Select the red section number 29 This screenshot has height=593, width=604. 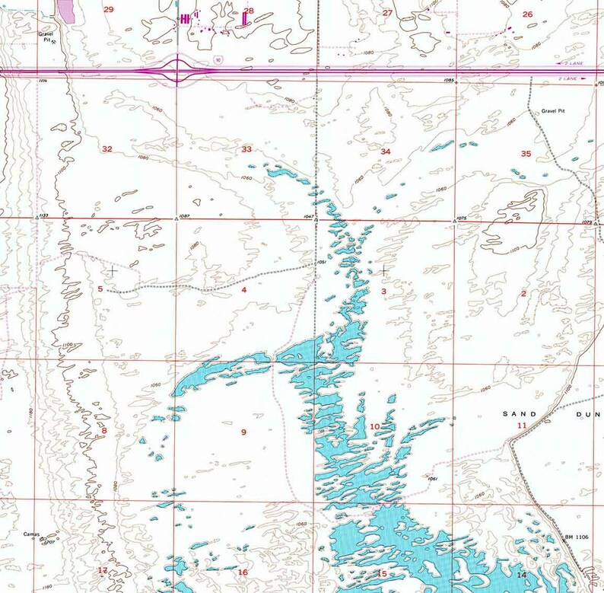108,9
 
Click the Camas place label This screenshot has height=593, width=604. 30,534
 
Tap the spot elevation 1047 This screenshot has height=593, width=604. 308,217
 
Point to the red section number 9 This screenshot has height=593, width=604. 243,432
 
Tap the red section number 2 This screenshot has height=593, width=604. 523,293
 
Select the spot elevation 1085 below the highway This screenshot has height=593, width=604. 449,80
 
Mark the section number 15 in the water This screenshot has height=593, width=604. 382,573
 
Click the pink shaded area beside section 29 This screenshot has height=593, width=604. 66,10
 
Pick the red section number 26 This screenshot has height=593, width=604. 527,14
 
